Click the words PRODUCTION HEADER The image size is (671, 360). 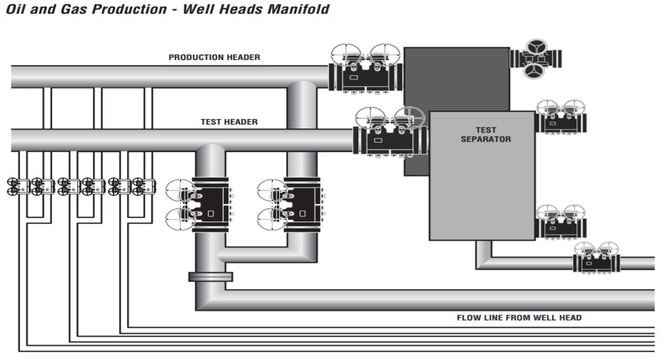click(214, 57)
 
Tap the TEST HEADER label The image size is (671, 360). click(229, 122)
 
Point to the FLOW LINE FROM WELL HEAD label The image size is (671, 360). click(519, 317)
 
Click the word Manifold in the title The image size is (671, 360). click(294, 9)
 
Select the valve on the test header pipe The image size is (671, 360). click(391, 134)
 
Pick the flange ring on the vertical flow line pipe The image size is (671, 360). click(210, 276)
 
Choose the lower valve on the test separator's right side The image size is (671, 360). click(561, 222)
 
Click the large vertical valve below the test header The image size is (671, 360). click(203, 204)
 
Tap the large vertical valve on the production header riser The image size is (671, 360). click(295, 204)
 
